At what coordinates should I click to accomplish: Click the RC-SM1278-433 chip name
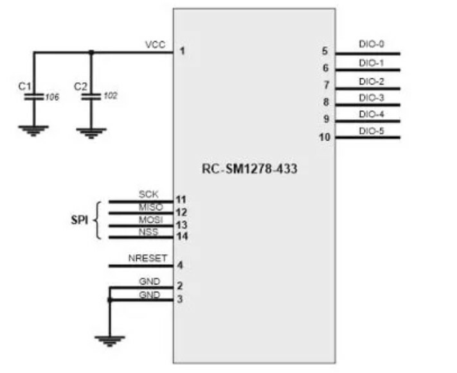pyautogui.click(x=249, y=170)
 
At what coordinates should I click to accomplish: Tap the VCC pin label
pyautogui.click(x=155, y=45)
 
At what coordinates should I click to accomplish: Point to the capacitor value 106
pyautogui.click(x=52, y=97)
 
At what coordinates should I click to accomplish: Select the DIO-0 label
pyautogui.click(x=372, y=45)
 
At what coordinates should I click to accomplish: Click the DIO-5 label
pyautogui.click(x=372, y=131)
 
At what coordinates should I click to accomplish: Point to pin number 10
pyautogui.click(x=325, y=137)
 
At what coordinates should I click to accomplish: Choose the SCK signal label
pyautogui.click(x=148, y=194)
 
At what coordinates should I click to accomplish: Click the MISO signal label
pyautogui.click(x=150, y=206)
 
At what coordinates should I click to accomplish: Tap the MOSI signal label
pyautogui.click(x=150, y=220)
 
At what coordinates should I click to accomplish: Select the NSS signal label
pyautogui.click(x=148, y=232)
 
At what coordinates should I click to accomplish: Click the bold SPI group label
pyautogui.click(x=79, y=219)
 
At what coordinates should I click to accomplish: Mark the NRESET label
pyautogui.click(x=147, y=258)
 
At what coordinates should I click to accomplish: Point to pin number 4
pyautogui.click(x=181, y=265)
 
